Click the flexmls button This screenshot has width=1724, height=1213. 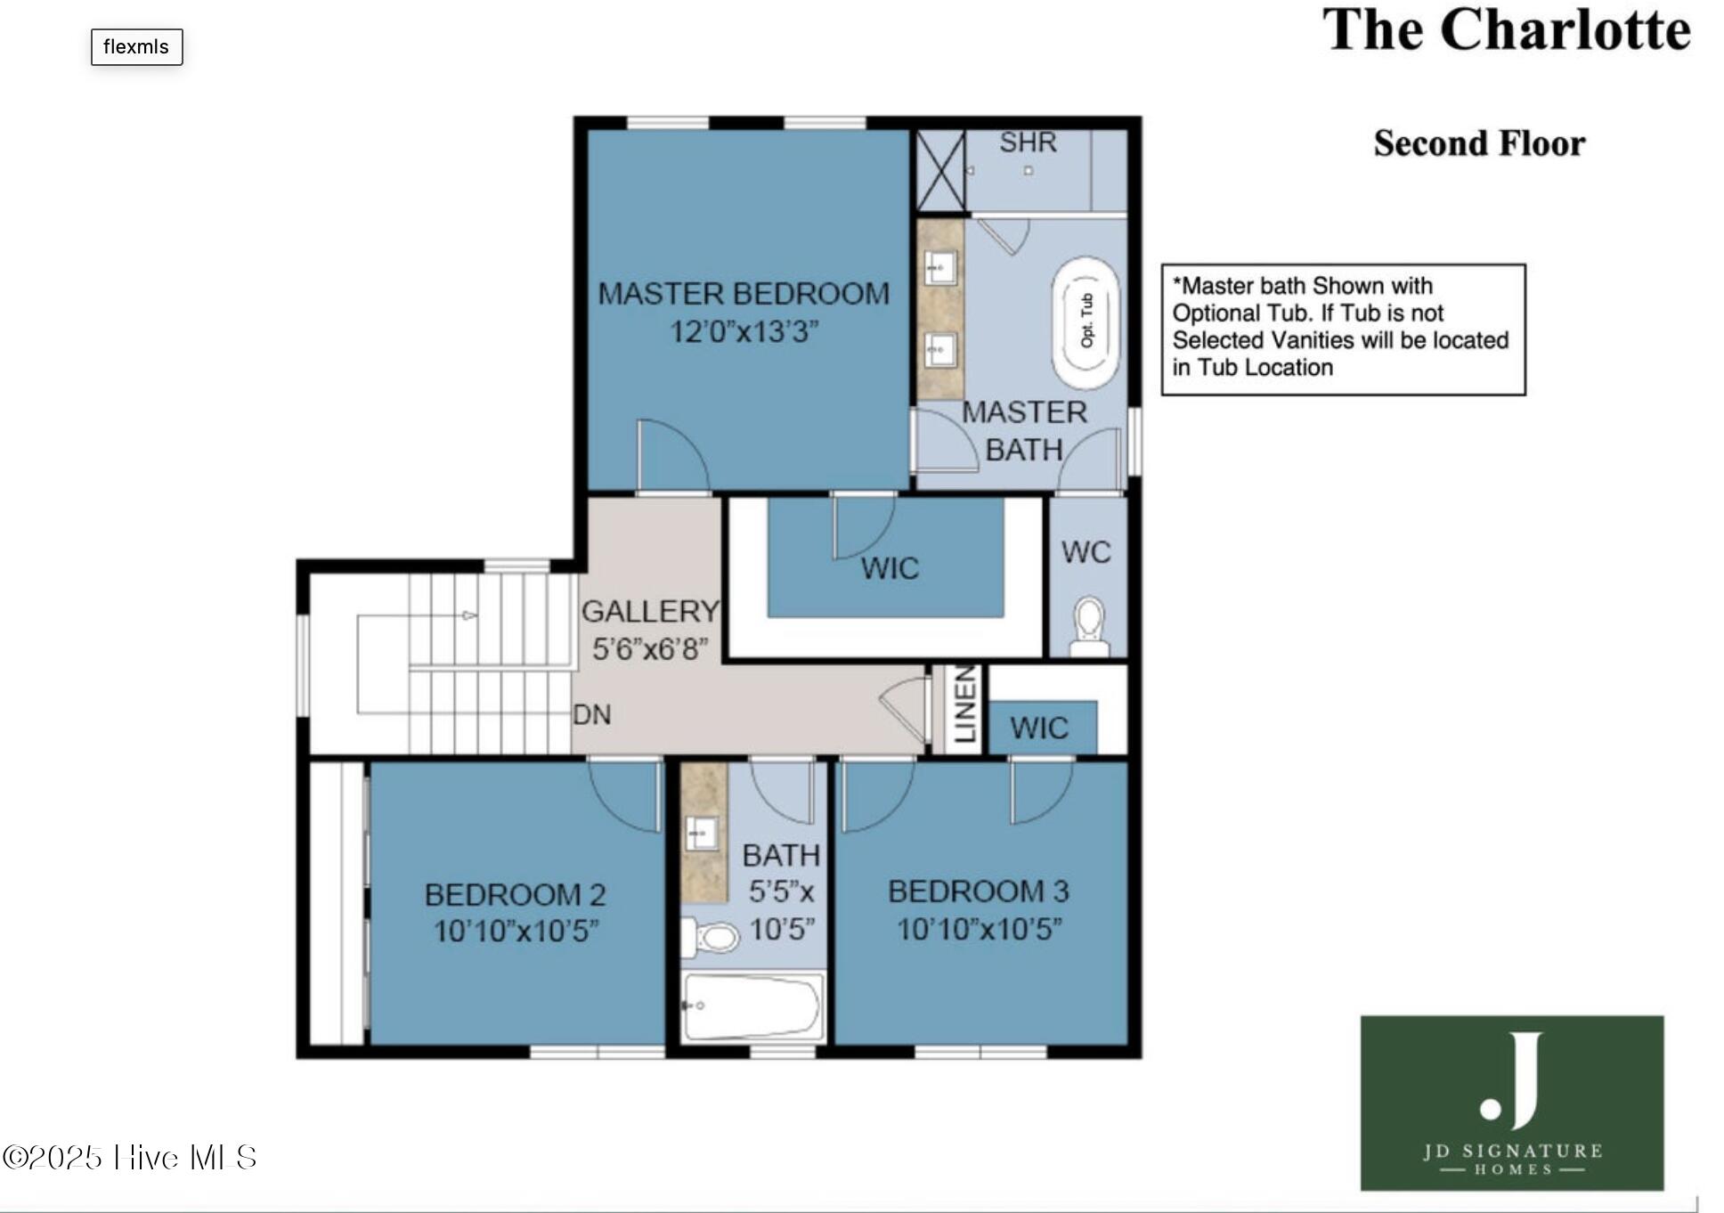pyautogui.click(x=136, y=47)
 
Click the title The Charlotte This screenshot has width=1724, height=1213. pyautogui.click(x=1505, y=31)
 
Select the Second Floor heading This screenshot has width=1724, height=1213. pyautogui.click(x=1479, y=143)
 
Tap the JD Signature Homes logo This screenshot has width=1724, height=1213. pyautogui.click(x=1511, y=1103)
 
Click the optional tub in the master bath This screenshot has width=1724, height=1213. pyautogui.click(x=1086, y=322)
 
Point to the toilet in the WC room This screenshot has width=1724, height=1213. pyautogui.click(x=1088, y=626)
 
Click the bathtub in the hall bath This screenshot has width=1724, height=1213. pyautogui.click(x=752, y=1006)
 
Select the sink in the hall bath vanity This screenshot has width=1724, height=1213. pyautogui.click(x=701, y=834)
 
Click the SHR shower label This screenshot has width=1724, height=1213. pyautogui.click(x=1028, y=142)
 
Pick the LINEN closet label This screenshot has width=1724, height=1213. pyautogui.click(x=964, y=705)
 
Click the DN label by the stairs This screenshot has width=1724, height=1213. pyautogui.click(x=591, y=714)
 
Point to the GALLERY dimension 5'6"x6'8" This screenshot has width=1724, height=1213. pyautogui.click(x=650, y=649)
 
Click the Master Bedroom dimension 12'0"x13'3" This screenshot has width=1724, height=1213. pyautogui.click(x=744, y=332)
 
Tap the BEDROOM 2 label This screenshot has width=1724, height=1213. pyautogui.click(x=515, y=894)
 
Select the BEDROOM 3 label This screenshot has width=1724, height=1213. pyautogui.click(x=978, y=891)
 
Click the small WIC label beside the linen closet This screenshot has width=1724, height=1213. pyautogui.click(x=1039, y=729)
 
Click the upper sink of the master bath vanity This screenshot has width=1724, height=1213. pyautogui.click(x=939, y=265)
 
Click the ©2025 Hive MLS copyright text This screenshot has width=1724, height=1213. pyautogui.click(x=130, y=1158)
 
